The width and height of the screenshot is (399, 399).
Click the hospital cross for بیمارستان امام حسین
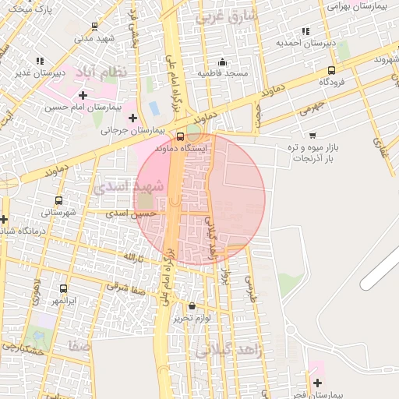pos(83,95)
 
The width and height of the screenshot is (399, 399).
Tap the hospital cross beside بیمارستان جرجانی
pos(133,118)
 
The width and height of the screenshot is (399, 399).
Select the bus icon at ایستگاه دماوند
pos(181,136)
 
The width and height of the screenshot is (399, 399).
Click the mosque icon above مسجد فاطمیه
pos(223,62)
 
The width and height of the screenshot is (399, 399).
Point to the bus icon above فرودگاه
pos(332,69)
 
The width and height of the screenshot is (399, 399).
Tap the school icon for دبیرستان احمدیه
pos(305,31)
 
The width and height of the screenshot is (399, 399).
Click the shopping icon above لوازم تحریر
pos(192,306)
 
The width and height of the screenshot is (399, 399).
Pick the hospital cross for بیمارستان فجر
pos(317,382)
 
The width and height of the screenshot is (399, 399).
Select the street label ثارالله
pos(134,257)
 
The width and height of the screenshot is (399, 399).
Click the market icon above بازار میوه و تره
pos(312,135)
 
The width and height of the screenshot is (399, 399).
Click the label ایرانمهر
pos(65,299)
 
